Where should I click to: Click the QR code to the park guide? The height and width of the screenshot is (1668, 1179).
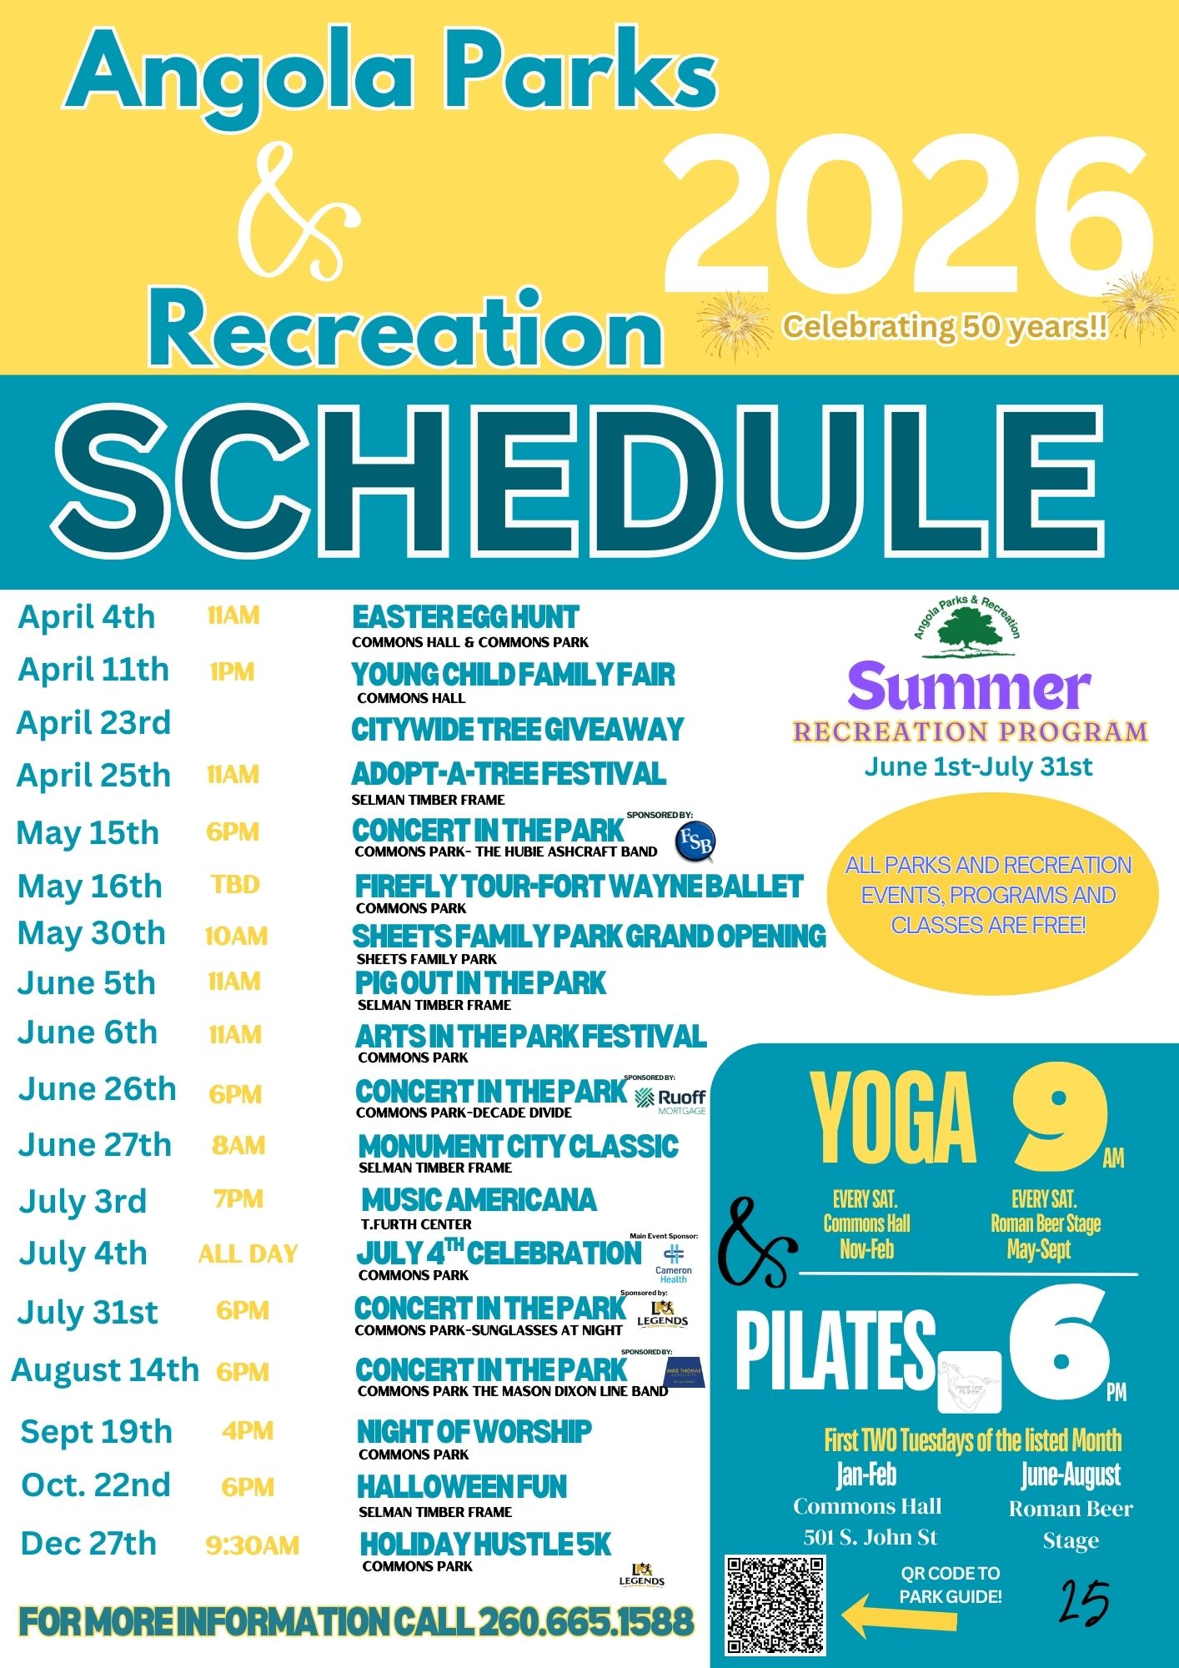tap(775, 1604)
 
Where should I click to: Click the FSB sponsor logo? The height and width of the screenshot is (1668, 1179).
tap(695, 842)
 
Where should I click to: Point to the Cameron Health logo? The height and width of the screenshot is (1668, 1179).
tap(674, 1263)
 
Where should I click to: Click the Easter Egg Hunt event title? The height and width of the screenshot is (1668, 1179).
tap(465, 618)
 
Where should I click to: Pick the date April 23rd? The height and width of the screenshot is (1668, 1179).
tap(93, 723)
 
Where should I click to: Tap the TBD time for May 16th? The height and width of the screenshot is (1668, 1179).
tap(235, 885)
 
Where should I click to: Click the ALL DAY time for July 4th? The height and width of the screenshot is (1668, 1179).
tap(248, 1254)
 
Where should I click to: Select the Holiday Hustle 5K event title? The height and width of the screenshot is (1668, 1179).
tap(485, 1545)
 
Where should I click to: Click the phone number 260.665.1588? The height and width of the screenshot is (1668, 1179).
tap(586, 1622)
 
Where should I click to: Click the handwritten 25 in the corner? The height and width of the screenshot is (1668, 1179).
tap(1085, 1601)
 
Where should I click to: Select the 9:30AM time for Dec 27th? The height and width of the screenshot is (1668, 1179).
tap(252, 1545)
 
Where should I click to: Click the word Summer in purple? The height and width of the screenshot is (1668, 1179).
tap(969, 688)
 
